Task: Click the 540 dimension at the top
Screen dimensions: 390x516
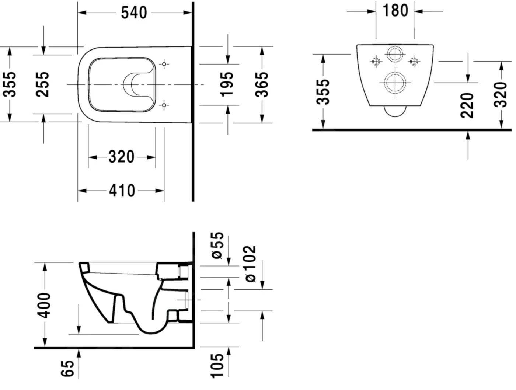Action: coord(134,13)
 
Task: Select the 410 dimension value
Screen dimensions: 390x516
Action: coord(122,191)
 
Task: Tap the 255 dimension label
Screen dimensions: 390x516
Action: coord(42,84)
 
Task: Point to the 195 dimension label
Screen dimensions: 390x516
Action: coord(227,84)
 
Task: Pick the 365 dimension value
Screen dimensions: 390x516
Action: coord(262,84)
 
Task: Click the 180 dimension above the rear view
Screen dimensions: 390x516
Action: coord(395,11)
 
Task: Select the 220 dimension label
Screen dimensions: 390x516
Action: coord(467,105)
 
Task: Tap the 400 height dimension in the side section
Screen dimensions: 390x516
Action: coord(45,305)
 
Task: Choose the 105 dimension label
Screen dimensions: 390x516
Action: coord(217,365)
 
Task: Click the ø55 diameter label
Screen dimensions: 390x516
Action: coord(217,245)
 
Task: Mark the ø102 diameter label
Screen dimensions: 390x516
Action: coord(250,264)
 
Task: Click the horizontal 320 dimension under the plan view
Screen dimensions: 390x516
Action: coord(121,157)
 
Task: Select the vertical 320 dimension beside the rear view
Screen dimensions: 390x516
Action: coord(501,95)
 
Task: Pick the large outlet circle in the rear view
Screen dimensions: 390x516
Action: coord(395,82)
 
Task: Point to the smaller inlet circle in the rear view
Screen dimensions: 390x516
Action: coord(395,55)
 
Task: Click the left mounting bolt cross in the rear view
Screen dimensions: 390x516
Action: coord(376,62)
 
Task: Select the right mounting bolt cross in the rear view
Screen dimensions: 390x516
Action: coord(414,62)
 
